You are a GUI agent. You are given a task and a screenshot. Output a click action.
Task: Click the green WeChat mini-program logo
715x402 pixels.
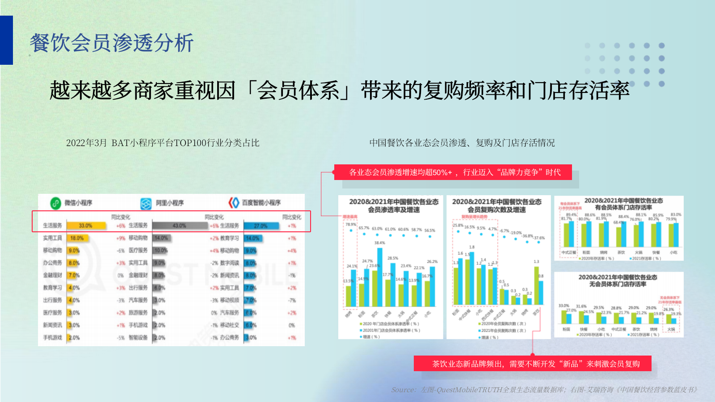(x=55, y=203)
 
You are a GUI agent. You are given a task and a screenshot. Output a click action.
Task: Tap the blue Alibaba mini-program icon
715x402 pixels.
(x=146, y=204)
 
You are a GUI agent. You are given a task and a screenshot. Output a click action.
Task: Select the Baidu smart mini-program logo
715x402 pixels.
(x=234, y=203)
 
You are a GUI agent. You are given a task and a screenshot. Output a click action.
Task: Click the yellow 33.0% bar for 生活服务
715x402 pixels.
(x=86, y=226)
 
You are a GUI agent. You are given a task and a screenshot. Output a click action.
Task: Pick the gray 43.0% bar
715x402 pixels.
(x=180, y=226)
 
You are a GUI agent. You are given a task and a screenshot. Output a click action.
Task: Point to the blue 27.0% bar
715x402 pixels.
(x=261, y=226)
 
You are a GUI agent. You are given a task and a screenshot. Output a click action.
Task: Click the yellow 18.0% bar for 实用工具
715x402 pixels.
(x=76, y=238)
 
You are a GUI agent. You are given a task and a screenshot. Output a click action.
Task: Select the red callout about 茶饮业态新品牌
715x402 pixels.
(x=532, y=364)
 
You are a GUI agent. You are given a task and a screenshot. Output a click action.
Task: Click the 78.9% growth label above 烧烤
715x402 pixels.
(x=351, y=224)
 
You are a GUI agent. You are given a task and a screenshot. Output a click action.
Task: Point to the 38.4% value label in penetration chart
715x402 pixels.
(x=379, y=243)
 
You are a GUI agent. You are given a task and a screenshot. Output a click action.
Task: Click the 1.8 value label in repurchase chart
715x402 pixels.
(x=472, y=247)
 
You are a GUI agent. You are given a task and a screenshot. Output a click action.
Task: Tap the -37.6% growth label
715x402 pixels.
(x=539, y=238)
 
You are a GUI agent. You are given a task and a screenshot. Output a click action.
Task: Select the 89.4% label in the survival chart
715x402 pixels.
(x=571, y=215)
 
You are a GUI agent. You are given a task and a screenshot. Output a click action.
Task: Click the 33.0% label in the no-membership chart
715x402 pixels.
(x=564, y=306)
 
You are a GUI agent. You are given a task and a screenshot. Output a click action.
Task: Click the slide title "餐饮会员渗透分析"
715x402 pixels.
(x=112, y=43)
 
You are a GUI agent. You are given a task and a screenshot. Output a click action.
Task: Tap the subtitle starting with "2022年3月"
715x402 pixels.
(x=163, y=143)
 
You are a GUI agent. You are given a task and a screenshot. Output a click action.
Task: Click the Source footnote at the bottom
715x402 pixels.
(x=544, y=389)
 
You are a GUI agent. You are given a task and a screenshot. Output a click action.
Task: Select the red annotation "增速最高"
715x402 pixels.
(x=350, y=217)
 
